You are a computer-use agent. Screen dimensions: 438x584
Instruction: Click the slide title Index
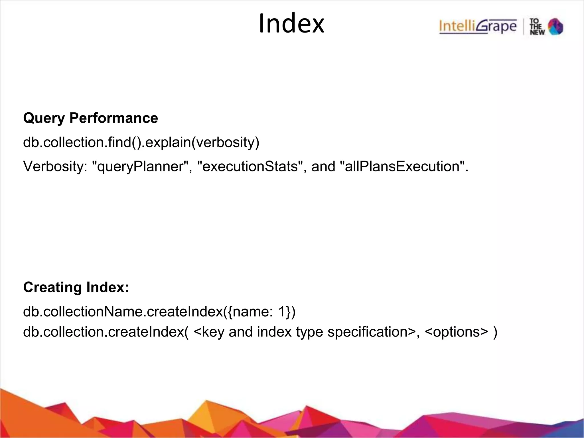(291, 24)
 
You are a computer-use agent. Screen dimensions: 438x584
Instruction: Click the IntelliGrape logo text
(478, 27)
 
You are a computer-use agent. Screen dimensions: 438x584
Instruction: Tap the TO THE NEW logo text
(537, 27)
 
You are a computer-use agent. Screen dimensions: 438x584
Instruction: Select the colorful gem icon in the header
(556, 27)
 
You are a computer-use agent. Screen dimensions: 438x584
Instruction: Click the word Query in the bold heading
(44, 118)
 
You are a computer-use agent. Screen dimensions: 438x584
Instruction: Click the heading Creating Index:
(76, 287)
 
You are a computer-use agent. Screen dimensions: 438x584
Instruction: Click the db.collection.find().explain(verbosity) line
(141, 142)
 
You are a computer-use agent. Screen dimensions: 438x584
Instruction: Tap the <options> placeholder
(456, 332)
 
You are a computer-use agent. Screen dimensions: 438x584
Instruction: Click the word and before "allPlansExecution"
(323, 166)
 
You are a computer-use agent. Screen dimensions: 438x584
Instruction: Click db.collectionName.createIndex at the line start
(123, 311)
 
